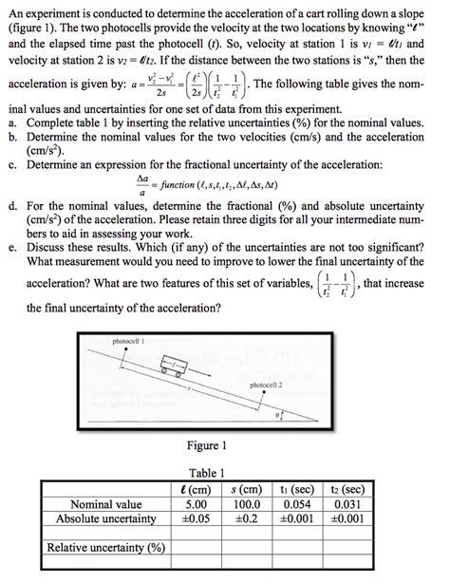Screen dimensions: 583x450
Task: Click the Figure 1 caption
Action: pyautogui.click(x=208, y=445)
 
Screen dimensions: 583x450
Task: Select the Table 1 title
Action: pyautogui.click(x=208, y=472)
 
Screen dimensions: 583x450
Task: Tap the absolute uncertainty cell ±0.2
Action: pyautogui.click(x=246, y=518)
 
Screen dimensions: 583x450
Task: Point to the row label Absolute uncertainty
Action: pyautogui.click(x=106, y=518)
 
